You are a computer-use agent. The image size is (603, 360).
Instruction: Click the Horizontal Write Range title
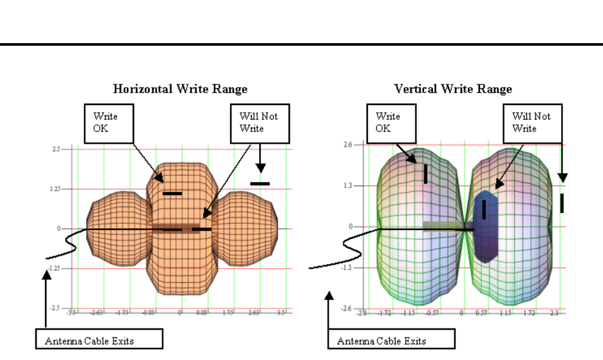(x=180, y=88)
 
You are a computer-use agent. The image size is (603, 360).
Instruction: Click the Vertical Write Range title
(x=454, y=88)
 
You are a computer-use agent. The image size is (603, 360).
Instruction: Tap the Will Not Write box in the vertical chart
(x=535, y=122)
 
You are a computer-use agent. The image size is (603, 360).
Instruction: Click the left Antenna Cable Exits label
(x=90, y=340)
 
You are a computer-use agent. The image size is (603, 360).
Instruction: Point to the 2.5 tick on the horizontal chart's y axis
(x=57, y=149)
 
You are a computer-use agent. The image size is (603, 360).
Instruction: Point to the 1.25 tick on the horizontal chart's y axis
(x=55, y=189)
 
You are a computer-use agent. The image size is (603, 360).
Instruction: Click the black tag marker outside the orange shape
(x=260, y=184)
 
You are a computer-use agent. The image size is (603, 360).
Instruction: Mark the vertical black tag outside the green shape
(x=562, y=203)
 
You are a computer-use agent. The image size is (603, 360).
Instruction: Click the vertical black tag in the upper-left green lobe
(x=425, y=173)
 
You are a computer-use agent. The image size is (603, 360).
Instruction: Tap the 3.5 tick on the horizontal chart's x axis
(x=282, y=312)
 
